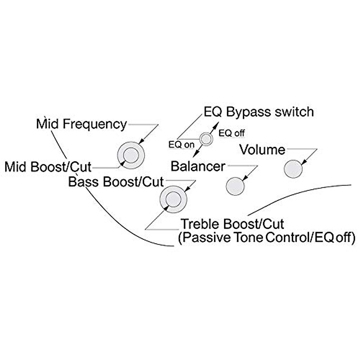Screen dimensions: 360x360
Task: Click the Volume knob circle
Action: coord(293,169)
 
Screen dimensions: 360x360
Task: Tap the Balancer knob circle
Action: coord(235,186)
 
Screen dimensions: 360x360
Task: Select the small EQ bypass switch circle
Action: coord(206,139)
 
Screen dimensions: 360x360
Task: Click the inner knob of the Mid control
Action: coord(130,155)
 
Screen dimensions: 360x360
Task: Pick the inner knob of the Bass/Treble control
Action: coord(173,199)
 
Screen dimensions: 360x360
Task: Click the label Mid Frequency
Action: coord(81,124)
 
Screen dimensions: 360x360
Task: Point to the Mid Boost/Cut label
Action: coord(48,167)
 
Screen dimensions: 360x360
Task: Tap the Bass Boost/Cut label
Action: coord(116,182)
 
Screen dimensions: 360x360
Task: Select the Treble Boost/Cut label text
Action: coord(232,224)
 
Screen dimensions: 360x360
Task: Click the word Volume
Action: coord(262,150)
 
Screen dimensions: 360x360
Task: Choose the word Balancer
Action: coord(198,166)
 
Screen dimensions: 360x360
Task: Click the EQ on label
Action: coord(181,145)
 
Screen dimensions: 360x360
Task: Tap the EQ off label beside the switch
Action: coord(232,133)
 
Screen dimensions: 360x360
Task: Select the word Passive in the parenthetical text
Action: coord(207,238)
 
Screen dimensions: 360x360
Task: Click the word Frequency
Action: coord(95,124)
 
